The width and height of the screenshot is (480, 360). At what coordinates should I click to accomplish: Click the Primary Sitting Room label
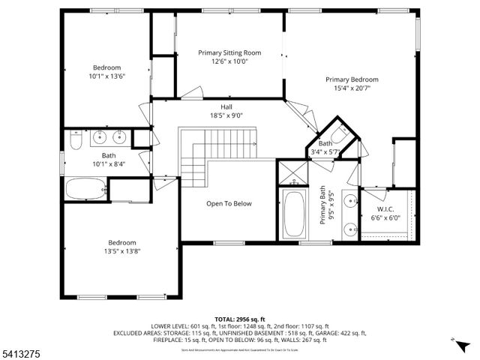pos(229,52)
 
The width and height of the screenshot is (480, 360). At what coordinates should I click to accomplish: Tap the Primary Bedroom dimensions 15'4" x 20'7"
pos(352,88)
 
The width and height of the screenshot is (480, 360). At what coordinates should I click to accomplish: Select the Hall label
pos(226,106)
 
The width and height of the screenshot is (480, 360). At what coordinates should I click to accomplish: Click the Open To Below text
pos(229,203)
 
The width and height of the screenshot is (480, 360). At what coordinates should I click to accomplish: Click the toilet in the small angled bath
pos(338,136)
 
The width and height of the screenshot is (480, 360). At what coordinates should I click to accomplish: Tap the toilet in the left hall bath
pos(76,141)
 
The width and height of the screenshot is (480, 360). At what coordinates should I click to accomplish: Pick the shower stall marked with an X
pos(290,174)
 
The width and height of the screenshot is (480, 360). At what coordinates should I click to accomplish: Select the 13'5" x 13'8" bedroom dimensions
pos(121,251)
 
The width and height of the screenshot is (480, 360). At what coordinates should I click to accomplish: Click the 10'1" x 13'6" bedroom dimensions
pos(107,76)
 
